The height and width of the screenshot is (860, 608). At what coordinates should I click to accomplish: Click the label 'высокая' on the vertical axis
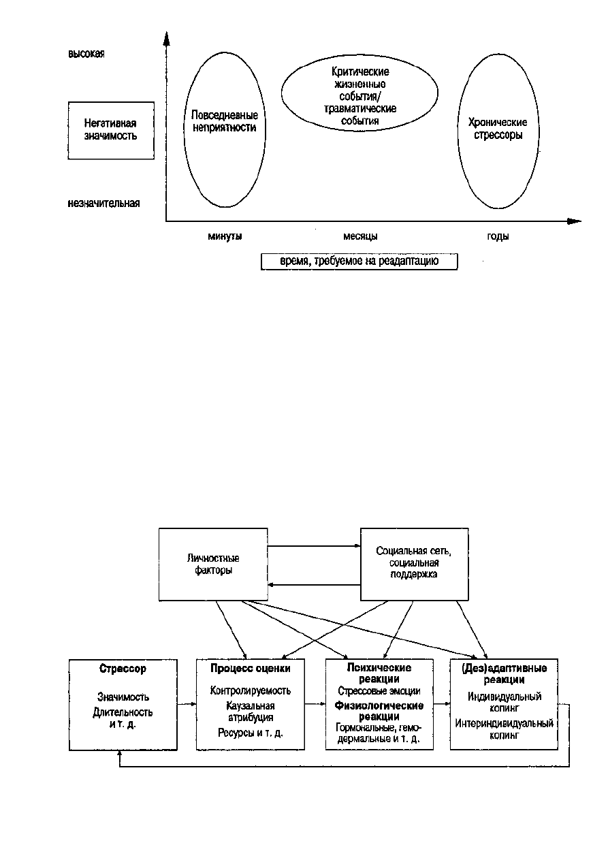point(86,54)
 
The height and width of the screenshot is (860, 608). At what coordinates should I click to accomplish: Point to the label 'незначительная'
point(103,203)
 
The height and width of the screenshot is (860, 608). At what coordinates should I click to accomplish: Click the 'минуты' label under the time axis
point(225,236)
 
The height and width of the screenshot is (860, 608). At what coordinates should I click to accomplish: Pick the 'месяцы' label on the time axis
point(360,236)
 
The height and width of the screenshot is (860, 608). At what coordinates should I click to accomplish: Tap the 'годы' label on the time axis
point(498,236)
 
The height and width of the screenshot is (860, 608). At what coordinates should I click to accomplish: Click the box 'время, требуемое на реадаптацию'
point(359,261)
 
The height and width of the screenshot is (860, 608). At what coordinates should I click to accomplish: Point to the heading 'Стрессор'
point(123,669)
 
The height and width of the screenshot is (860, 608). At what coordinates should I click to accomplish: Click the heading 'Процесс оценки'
point(251,669)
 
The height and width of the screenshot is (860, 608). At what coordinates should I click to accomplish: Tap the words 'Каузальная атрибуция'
point(251,712)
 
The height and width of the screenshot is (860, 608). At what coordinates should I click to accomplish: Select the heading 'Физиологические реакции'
point(379,711)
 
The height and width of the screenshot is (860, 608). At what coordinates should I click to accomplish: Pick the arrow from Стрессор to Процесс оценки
point(187,704)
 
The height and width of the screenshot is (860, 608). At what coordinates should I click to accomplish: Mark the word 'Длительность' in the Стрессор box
point(123,712)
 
